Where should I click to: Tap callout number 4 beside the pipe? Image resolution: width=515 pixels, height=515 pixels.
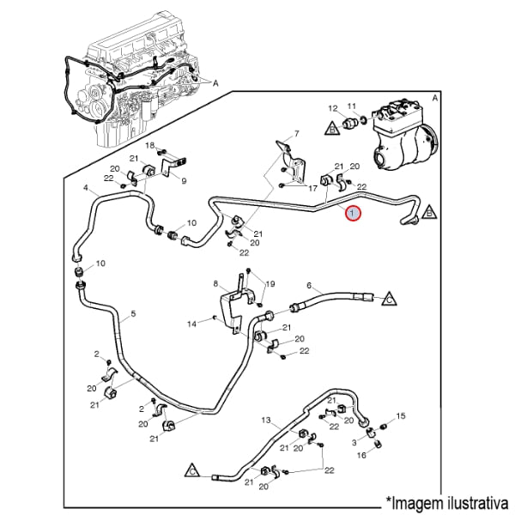[86, 188]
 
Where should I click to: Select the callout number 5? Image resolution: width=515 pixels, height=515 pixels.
[133, 315]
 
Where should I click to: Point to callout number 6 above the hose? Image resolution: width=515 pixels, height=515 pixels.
[308, 285]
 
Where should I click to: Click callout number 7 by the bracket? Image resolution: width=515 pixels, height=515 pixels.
[297, 133]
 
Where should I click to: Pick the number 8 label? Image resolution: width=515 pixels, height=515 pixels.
[215, 284]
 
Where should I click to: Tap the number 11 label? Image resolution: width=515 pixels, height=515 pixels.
[352, 106]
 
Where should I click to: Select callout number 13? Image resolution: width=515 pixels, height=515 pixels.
[266, 420]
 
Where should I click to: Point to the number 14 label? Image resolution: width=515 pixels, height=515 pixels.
[192, 324]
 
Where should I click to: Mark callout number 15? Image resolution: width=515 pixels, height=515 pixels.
[401, 415]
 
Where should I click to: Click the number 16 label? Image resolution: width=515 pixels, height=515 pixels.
[361, 455]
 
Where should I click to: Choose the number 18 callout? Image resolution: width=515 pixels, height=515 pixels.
[148, 145]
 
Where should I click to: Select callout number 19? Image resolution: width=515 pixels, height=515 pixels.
[270, 284]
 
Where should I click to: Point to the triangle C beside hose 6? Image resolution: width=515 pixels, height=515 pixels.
[388, 299]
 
